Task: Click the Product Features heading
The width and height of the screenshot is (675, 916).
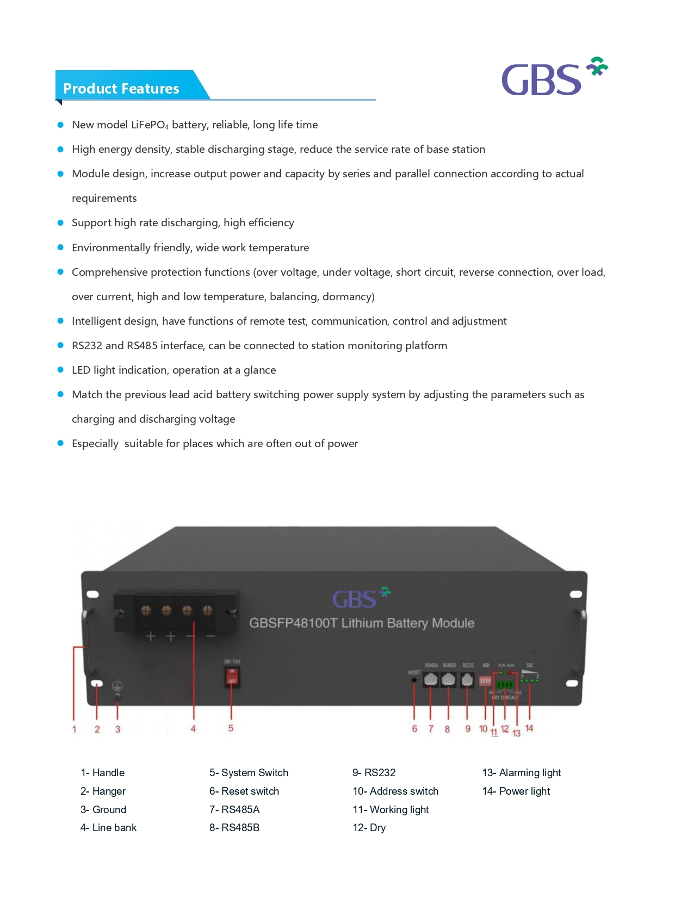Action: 121,89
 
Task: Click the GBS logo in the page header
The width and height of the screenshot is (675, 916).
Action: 553,77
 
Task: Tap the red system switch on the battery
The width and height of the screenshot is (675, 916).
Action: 232,676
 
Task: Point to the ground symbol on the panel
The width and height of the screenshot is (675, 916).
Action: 117,686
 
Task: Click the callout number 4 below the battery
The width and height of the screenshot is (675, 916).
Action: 193,729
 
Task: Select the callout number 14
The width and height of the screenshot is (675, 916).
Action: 529,728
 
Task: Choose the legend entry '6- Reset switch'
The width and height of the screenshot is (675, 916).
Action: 244,791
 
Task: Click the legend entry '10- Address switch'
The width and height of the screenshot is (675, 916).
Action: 395,791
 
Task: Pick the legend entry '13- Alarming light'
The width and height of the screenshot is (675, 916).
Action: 521,772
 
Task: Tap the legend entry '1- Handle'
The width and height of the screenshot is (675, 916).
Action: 103,772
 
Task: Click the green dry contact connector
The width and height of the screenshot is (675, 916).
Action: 505,685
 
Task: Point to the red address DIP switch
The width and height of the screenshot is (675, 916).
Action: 485,680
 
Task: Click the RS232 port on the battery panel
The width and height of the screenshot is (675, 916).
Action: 467,679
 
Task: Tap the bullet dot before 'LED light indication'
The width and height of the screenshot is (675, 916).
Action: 60,370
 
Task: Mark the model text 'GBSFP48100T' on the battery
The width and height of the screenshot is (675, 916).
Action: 293,623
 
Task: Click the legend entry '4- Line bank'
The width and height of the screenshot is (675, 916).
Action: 109,827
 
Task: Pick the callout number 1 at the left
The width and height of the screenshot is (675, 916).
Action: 75,729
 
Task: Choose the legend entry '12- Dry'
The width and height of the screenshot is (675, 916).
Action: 369,827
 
